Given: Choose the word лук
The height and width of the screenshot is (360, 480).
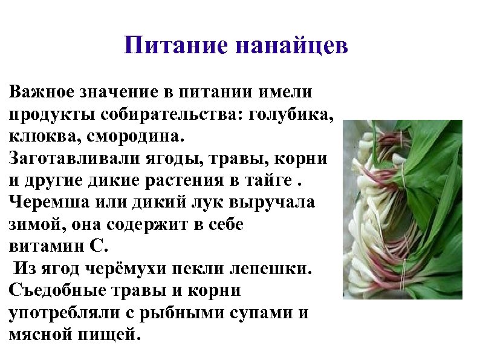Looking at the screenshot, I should click(x=196, y=201).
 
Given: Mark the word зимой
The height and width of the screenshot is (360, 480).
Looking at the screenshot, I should click(x=34, y=224).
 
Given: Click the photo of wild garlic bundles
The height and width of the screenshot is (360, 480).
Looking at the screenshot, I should click(x=402, y=209).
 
